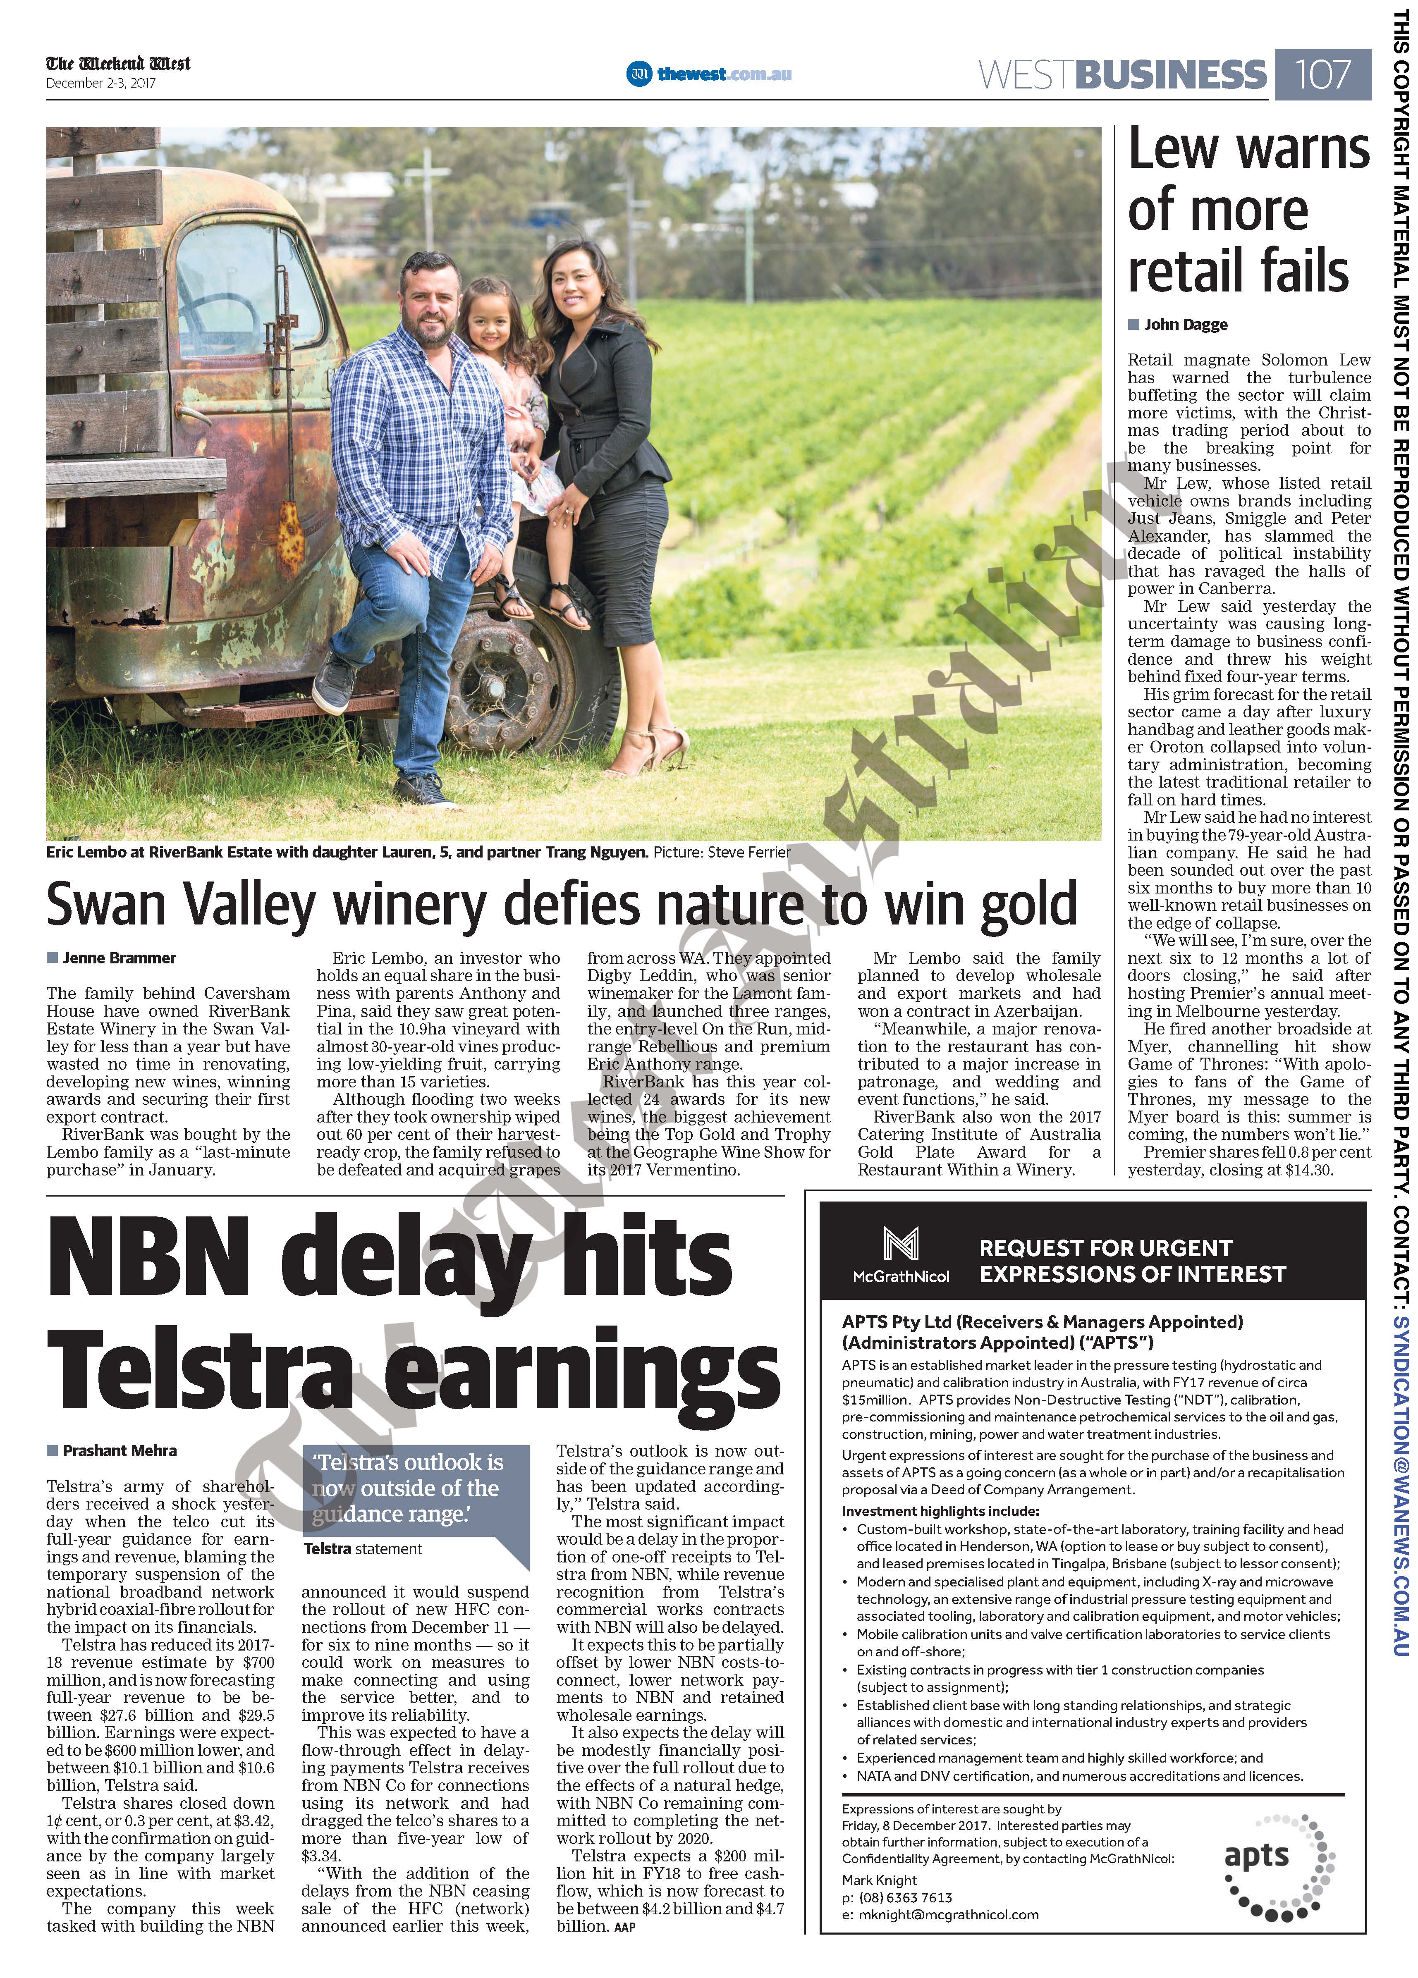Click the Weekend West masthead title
tap(118, 64)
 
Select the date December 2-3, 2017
tap(100, 84)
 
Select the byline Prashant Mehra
tap(120, 1450)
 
